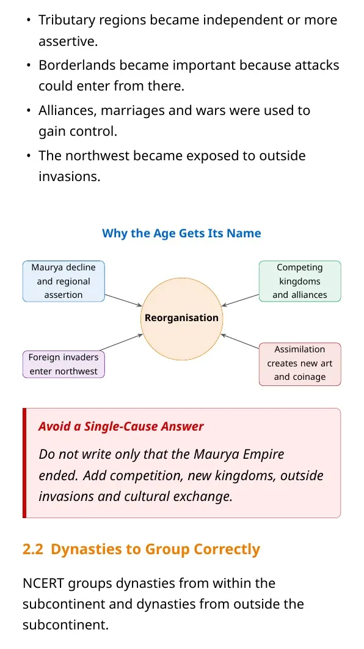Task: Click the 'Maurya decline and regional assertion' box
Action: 64,281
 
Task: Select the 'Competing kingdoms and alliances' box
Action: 300,281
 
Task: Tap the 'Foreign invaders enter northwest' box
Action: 64,364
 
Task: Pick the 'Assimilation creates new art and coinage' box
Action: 300,364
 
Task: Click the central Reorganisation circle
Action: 182,319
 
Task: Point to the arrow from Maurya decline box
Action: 123,300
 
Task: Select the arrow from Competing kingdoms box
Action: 240,300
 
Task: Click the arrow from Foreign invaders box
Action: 122,343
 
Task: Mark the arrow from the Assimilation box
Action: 239,341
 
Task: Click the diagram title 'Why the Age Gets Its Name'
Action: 181,234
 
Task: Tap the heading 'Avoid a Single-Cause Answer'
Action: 121,426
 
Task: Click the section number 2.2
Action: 33,549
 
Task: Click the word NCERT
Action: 43,583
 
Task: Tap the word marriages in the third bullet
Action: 133,111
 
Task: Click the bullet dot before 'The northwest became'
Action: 29,156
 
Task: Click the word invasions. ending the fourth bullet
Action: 70,177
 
